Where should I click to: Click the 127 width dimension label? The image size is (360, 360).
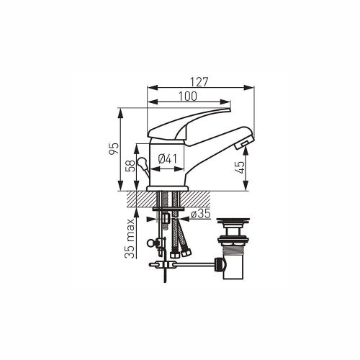point(199,82)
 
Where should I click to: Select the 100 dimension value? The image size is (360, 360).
point(188,96)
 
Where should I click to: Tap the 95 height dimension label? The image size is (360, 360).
point(114,148)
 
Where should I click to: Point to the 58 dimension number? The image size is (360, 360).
point(130,166)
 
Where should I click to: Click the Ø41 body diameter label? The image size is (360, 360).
point(168,159)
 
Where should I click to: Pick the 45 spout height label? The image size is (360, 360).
point(240,168)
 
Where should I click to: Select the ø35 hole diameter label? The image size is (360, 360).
point(201,214)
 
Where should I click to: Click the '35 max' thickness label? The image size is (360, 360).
point(130,238)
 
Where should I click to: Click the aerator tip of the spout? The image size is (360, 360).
point(243,144)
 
